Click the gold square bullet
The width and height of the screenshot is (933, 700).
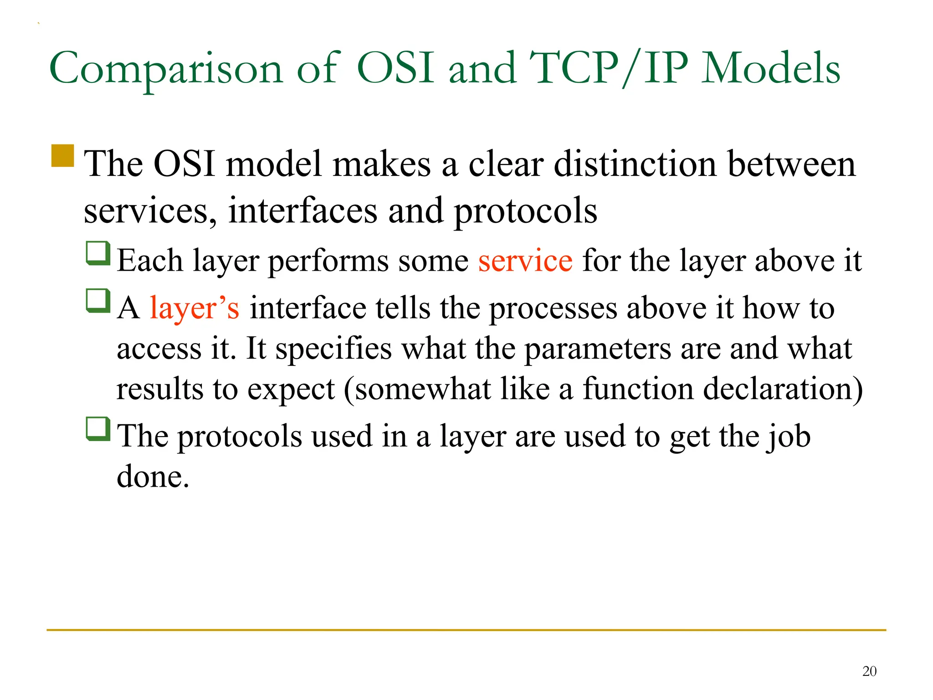63,156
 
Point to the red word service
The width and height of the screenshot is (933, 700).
525,261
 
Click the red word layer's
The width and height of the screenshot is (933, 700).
195,308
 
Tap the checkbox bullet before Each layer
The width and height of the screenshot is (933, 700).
98,253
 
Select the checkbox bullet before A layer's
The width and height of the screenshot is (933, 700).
98,301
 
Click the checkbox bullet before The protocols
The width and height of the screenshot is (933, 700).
98,429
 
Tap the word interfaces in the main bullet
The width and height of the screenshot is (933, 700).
302,211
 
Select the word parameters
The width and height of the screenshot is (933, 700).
597,349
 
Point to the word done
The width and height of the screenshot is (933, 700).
153,477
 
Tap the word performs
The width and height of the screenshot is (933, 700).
328,262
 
